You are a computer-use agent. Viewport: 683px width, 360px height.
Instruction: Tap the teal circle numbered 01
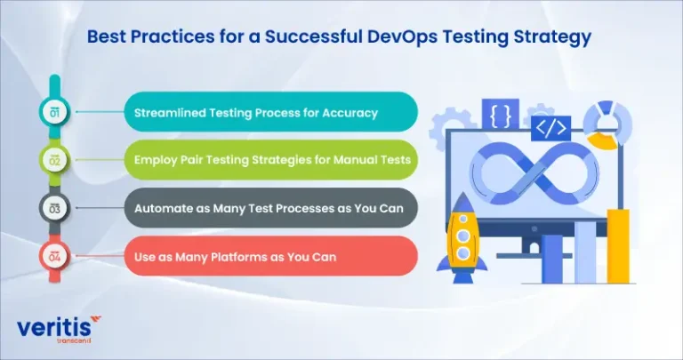click(54, 112)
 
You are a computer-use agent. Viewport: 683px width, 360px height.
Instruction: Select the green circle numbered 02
click(54, 161)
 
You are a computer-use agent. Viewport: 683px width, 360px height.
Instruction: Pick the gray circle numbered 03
click(54, 209)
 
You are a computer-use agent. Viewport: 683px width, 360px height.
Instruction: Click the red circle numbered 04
click(54, 257)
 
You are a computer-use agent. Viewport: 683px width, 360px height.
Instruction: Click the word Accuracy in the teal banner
click(350, 113)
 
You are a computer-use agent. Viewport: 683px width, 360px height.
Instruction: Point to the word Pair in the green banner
click(190, 160)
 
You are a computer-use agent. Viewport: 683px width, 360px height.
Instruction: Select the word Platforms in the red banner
click(238, 257)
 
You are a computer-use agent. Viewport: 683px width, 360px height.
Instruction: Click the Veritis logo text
click(54, 327)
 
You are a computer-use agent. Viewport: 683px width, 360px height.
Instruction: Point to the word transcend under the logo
click(74, 340)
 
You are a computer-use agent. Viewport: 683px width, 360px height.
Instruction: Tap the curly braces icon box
click(500, 114)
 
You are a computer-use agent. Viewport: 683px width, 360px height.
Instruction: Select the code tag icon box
click(550, 128)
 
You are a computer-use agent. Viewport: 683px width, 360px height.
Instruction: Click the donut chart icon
click(607, 125)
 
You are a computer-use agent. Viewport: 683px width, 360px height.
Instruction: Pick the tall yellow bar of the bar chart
click(618, 246)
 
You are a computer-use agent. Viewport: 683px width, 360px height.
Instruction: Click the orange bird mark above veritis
click(95, 320)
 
